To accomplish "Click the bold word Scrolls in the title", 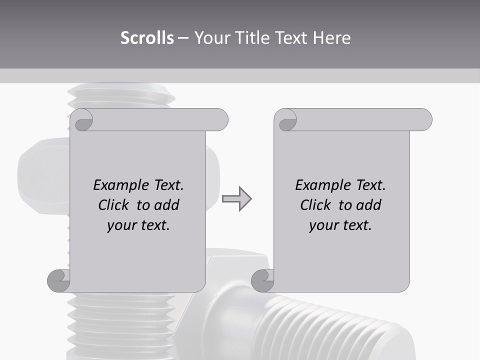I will pos(147,38).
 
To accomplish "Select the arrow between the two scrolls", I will pos(236,199).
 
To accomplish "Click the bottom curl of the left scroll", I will pos(59,280).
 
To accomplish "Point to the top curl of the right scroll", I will pos(286,120).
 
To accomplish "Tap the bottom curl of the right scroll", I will pos(262,280).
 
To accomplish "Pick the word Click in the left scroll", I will pos(114,205).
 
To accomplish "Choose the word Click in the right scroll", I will pos(316,205).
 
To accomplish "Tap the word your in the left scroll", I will pos(121,225).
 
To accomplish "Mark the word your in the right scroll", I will pos(323,225).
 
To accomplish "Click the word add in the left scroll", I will pos(166,205).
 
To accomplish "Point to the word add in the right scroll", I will pos(368,205).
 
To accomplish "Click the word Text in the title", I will pos(291,38).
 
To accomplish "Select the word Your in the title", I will pos(212,38).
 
